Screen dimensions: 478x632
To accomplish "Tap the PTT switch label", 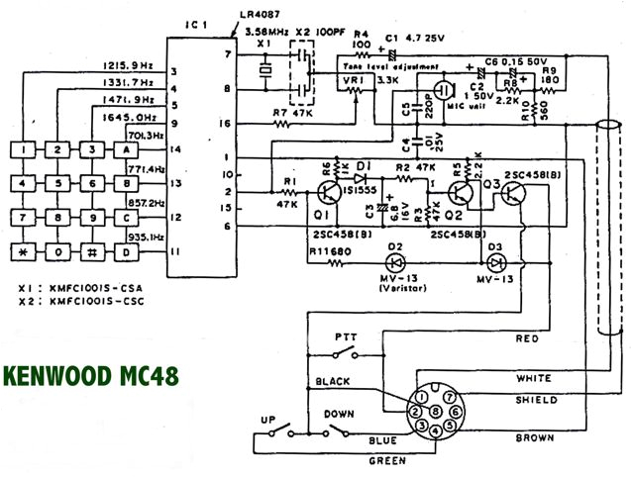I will point(348,336).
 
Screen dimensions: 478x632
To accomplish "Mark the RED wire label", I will point(528,338).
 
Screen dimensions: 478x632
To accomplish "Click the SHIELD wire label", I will point(537,400).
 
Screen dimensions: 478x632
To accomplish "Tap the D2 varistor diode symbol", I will point(395,262).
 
